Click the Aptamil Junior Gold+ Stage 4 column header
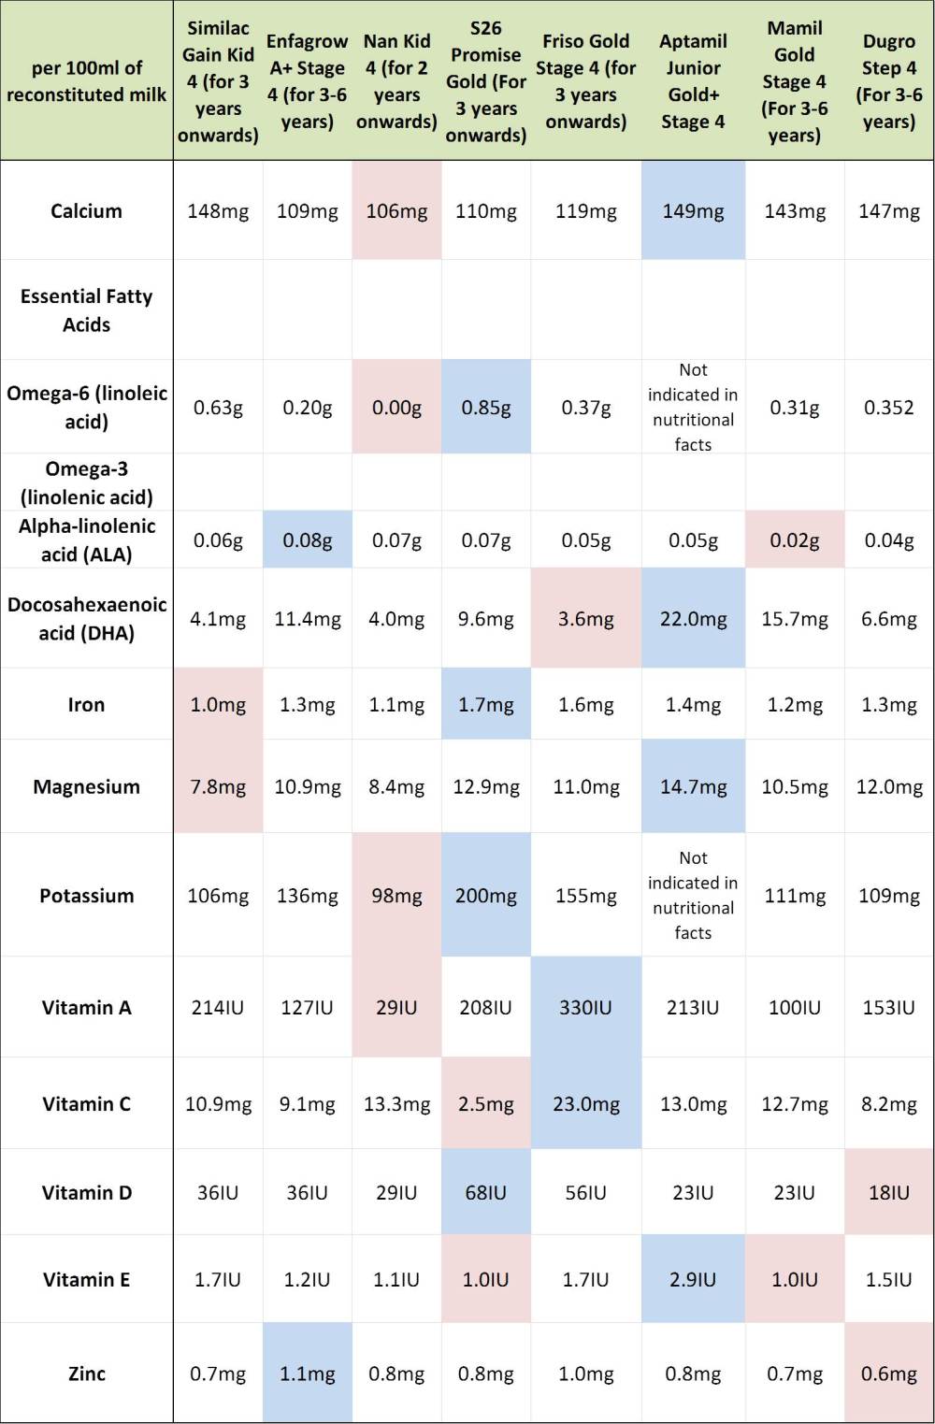(693, 81)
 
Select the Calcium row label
(86, 211)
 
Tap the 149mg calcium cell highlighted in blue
(693, 211)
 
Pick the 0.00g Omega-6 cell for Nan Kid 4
(396, 408)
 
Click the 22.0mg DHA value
(693, 619)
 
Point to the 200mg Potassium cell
(485, 896)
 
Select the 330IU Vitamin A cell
(585, 1008)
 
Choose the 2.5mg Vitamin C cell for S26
(485, 1104)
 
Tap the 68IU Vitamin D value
(485, 1193)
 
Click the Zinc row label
(86, 1374)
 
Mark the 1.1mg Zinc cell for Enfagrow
(307, 1374)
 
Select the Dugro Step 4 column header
(888, 81)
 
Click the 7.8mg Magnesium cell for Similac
(218, 787)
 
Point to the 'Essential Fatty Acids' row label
(86, 310)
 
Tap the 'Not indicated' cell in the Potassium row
(693, 895)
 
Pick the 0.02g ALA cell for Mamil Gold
(794, 540)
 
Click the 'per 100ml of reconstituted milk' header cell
(86, 81)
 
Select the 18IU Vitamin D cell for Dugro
(888, 1193)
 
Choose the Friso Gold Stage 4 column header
(585, 81)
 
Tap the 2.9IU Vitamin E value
(693, 1280)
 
